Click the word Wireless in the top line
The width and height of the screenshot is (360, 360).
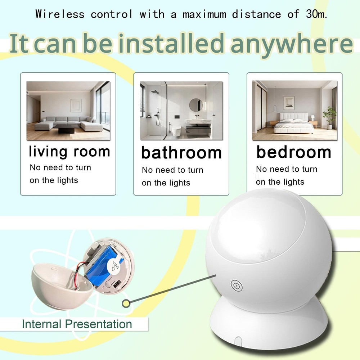60,14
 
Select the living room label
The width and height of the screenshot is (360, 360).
69,151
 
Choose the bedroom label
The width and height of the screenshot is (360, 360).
293,152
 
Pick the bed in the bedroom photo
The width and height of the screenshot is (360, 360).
292,124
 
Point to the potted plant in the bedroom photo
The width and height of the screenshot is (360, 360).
329,117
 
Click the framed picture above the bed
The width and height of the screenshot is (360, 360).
289,102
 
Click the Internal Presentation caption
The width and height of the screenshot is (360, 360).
77,324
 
